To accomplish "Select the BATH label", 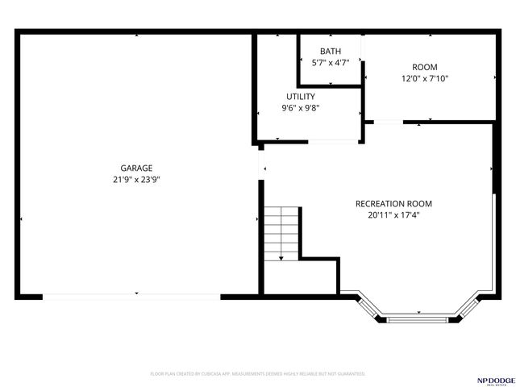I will (x=330, y=52).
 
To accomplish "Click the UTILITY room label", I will (x=300, y=97).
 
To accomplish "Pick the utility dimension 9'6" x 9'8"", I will (x=300, y=108).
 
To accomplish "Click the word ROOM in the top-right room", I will (x=425, y=67).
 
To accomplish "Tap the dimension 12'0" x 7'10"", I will (x=425, y=79).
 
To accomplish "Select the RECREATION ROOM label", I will (x=393, y=203).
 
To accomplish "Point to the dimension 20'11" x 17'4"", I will (x=393, y=215).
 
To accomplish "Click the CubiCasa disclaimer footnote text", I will (x=258, y=374).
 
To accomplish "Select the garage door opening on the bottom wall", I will (x=131, y=297).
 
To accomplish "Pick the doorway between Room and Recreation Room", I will (x=388, y=123).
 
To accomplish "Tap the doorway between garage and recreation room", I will (x=260, y=164).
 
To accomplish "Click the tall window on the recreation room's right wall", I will (x=493, y=242).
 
